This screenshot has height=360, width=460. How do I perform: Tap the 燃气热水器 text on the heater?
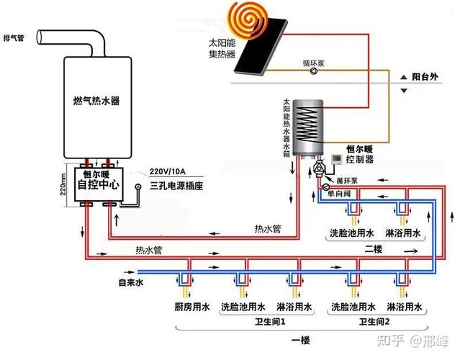[96, 102]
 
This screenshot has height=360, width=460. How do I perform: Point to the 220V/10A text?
[168, 171]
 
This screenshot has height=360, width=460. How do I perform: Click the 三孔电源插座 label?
[176, 185]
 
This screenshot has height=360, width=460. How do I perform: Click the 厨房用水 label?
[191, 308]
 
